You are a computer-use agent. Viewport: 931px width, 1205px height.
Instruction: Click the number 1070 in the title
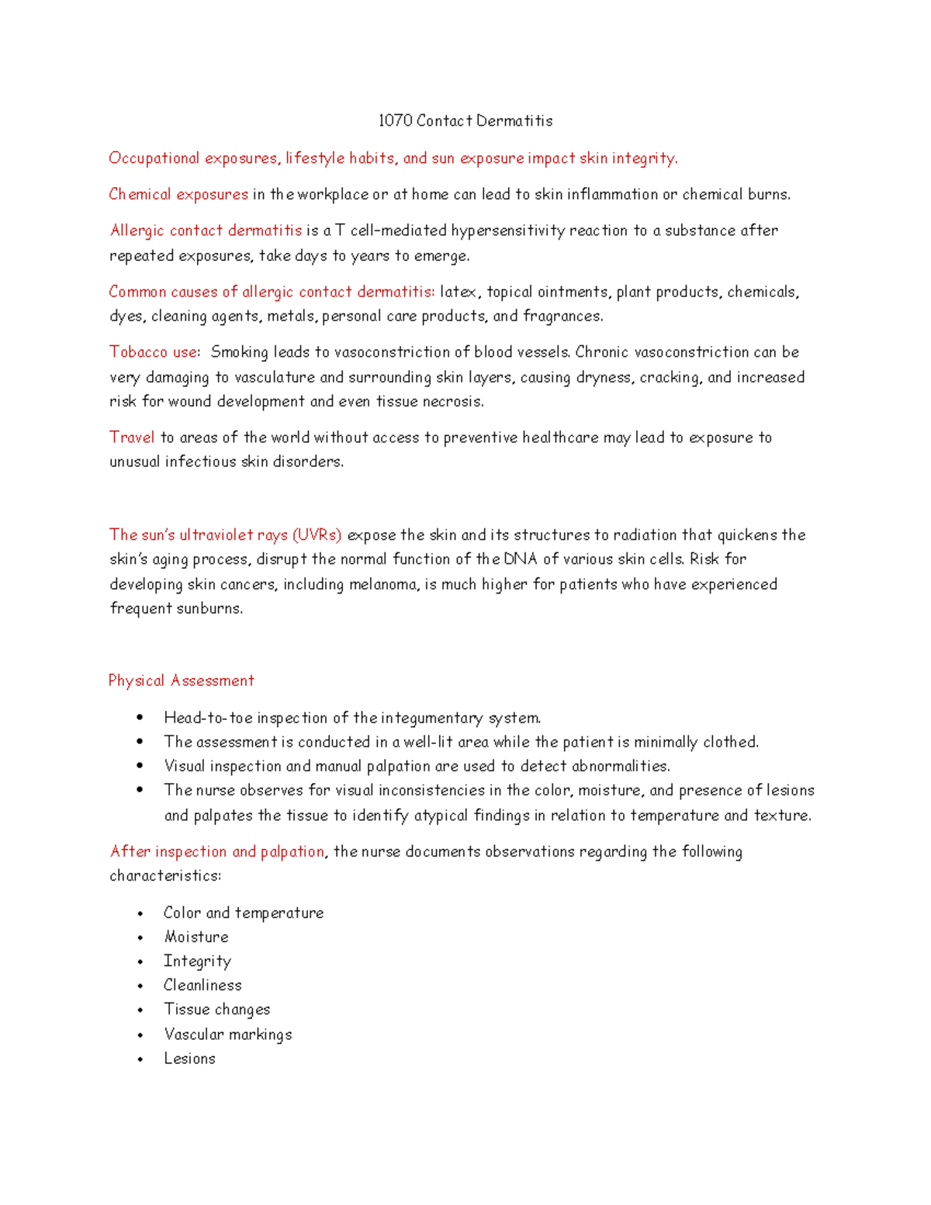[x=395, y=121]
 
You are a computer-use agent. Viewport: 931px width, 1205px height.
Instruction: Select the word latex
[x=459, y=293]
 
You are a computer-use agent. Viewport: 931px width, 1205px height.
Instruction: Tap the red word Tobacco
[x=138, y=352]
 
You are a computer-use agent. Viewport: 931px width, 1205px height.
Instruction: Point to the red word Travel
[x=132, y=438]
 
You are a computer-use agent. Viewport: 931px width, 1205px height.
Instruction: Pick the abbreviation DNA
[x=520, y=559]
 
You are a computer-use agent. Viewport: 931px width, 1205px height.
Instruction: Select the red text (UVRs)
[x=317, y=535]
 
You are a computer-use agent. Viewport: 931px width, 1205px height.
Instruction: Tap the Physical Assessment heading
[x=182, y=681]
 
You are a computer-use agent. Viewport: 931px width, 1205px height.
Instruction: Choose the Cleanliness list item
[x=202, y=985]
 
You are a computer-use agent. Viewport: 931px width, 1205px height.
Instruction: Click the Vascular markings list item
[x=227, y=1034]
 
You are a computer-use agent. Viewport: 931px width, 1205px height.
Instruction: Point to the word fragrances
[x=562, y=317]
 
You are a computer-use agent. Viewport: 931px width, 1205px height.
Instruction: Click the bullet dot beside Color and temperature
[x=140, y=914]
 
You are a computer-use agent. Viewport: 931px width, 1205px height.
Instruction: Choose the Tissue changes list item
[x=216, y=1009]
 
